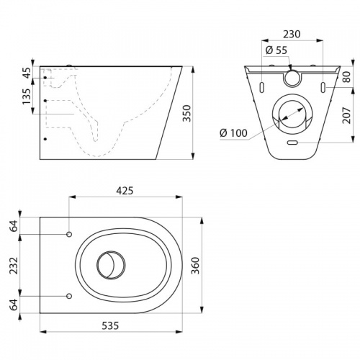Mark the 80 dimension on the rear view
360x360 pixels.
click(x=346, y=77)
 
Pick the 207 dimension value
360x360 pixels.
click(x=346, y=114)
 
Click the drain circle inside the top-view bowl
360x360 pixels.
click(x=110, y=265)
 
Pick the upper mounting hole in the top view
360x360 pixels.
click(x=69, y=235)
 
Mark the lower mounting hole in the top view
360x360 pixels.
click(x=69, y=296)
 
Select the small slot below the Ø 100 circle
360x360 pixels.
click(x=292, y=143)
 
